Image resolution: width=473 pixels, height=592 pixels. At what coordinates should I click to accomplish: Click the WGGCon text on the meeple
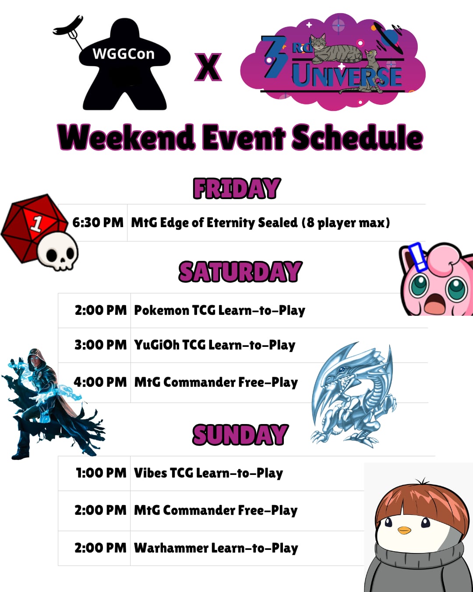(124, 53)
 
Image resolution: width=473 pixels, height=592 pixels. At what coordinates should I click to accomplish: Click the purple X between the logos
(208, 67)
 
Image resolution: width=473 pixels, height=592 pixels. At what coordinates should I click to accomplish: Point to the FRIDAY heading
(237, 188)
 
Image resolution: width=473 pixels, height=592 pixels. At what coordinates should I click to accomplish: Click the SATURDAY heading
(240, 271)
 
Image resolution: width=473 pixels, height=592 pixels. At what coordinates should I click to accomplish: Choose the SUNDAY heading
(240, 435)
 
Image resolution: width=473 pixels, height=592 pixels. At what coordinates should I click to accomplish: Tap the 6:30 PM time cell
(98, 223)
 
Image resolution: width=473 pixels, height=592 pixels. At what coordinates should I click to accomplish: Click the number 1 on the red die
(37, 223)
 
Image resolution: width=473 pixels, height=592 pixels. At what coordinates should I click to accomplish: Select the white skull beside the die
(58, 251)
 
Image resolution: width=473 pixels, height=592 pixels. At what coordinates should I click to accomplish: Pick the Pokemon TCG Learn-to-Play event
(219, 310)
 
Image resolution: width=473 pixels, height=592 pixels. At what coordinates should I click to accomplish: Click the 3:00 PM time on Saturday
(101, 345)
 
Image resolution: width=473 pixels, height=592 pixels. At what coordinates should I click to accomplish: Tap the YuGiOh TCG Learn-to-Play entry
(215, 345)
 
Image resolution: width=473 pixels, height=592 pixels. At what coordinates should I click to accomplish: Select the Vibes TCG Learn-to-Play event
(208, 473)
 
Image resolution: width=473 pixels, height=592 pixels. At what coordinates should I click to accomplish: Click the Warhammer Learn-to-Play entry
(216, 548)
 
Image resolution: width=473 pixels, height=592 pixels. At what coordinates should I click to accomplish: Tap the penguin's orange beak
(404, 530)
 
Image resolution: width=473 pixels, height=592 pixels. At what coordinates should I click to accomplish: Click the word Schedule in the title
(357, 137)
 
